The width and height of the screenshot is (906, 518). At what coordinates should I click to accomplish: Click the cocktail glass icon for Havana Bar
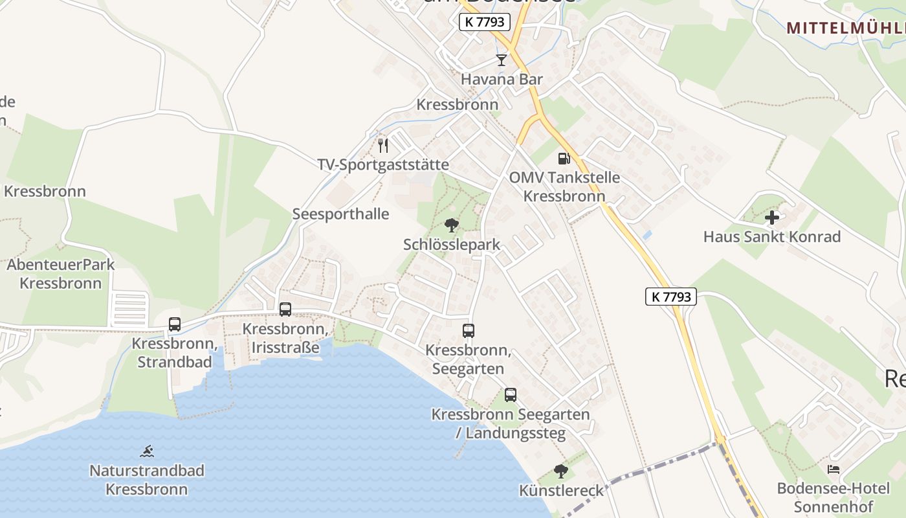point(501,60)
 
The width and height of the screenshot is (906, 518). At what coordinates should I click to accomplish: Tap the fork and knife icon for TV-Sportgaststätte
point(383,145)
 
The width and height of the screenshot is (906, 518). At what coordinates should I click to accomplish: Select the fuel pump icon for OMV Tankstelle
point(564,158)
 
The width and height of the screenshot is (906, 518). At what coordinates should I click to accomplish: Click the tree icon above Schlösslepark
point(452,225)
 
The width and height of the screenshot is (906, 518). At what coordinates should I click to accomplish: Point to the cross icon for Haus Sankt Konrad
point(772,218)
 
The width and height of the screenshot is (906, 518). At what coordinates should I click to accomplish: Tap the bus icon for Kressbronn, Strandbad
point(175,324)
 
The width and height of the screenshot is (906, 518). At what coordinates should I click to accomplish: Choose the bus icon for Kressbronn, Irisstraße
point(285,310)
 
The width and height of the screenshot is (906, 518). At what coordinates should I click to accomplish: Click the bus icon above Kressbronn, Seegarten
point(469,331)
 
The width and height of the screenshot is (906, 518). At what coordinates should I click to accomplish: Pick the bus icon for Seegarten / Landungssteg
point(511,395)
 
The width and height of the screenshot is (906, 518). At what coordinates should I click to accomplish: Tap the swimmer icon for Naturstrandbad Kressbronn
point(147,451)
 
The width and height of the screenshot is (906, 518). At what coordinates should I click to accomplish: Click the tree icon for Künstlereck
point(561,471)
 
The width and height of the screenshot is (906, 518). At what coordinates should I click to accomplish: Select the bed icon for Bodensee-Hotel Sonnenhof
point(834,469)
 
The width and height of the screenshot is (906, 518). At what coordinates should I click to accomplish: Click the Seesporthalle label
point(340,214)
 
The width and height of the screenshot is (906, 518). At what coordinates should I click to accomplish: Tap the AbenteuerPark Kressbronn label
point(61,274)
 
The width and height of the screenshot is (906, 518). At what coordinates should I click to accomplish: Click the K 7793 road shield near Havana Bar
point(485,22)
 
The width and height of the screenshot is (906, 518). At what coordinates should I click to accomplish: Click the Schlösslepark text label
point(452,245)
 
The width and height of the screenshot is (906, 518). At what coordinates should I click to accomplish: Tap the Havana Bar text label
point(502,80)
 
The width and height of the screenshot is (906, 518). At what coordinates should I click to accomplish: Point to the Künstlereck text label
point(561,491)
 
